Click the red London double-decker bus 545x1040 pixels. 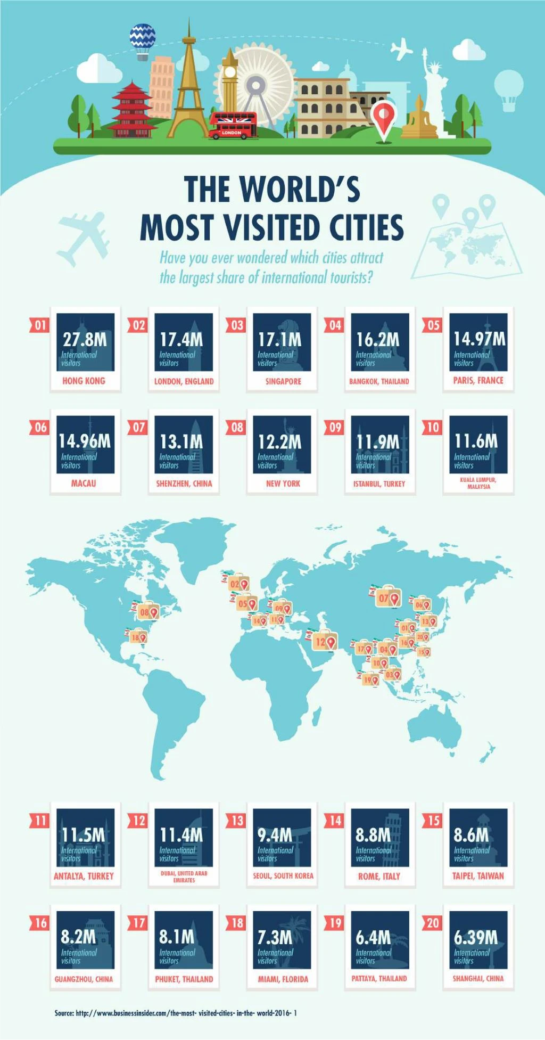[233, 126]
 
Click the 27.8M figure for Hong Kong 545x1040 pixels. [85, 339]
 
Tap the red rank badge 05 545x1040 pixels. [433, 325]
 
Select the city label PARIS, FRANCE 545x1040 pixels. [478, 381]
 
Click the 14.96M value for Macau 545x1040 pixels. [85, 441]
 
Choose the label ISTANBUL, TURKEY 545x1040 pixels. [379, 484]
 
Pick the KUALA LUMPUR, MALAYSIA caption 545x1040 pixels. [478, 483]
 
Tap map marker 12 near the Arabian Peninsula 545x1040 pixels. [325, 641]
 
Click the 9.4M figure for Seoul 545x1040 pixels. [275, 835]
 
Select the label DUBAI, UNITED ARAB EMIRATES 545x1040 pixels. [184, 877]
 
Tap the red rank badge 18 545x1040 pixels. [237, 923]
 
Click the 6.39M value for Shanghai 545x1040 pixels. [476, 937]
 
